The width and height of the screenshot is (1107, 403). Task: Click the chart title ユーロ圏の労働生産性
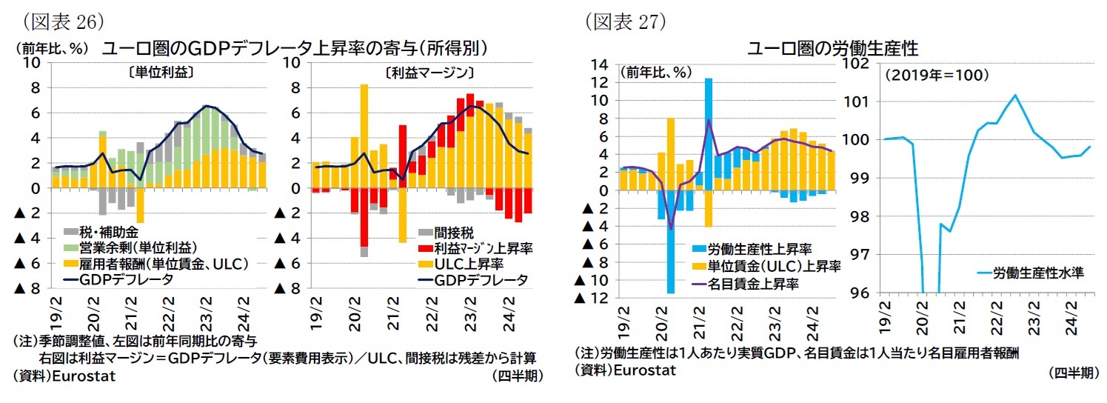click(x=832, y=50)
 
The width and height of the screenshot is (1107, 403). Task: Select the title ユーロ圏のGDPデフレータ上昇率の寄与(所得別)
click(x=294, y=48)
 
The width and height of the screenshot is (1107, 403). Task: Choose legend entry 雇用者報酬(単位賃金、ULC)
click(x=155, y=263)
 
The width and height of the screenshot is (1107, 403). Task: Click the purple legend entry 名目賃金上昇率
click(x=755, y=282)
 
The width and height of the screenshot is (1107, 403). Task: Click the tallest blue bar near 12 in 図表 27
click(x=708, y=133)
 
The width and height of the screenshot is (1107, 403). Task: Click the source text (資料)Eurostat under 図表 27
click(x=625, y=370)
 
